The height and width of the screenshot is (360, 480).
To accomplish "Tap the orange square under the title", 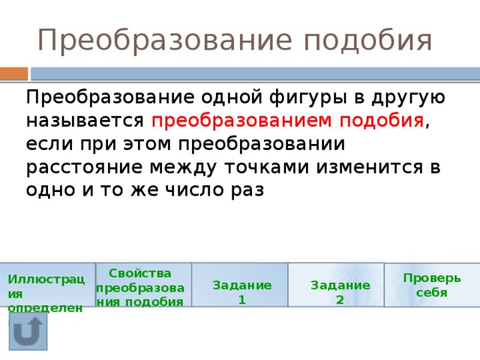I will (x=13, y=73).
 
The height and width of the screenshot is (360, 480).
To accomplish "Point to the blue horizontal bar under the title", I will (x=255, y=73).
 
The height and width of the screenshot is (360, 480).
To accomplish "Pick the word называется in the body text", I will (x=85, y=121).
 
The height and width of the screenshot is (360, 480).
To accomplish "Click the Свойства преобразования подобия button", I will (x=143, y=285).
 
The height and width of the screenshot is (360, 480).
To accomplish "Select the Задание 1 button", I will (x=241, y=285).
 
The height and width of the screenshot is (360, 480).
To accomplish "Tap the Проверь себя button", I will (x=432, y=285).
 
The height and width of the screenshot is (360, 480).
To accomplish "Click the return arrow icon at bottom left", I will (x=28, y=331).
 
